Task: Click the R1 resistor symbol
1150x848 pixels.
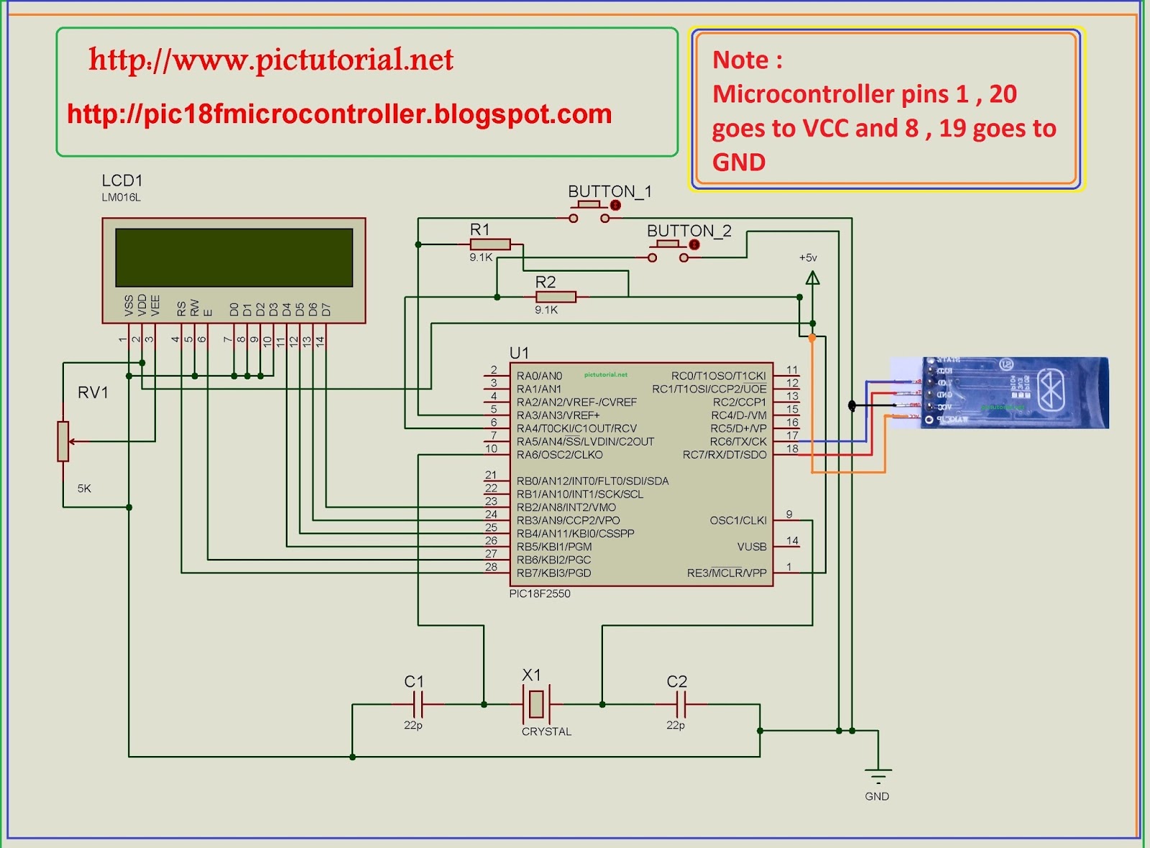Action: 490,244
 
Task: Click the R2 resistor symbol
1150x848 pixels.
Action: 556,297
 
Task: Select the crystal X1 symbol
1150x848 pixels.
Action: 535,704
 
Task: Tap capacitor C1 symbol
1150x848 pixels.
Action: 418,704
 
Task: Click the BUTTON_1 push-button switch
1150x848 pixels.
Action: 589,211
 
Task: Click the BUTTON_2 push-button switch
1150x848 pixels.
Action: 668,251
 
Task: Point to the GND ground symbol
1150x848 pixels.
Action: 878,776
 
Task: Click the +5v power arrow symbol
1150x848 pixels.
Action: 812,277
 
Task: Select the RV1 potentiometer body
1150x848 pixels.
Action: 63,441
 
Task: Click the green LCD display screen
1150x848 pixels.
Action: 234,258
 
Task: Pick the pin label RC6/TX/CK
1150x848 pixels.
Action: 738,441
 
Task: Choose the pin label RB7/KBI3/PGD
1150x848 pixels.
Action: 553,573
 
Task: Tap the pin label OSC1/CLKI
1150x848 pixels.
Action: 737,520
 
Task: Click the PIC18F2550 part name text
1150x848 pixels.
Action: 539,594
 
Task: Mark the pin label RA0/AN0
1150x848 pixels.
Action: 539,376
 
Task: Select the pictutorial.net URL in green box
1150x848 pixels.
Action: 271,60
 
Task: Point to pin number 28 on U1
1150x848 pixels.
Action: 491,567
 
